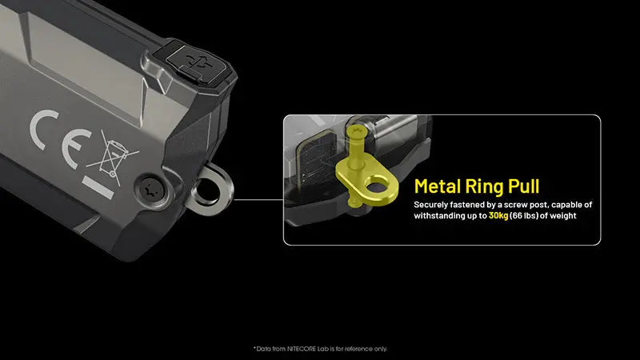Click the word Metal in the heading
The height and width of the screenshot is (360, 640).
tap(437, 186)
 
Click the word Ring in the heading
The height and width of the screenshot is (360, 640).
tap(485, 187)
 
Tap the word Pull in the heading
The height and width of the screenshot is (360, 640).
tap(524, 186)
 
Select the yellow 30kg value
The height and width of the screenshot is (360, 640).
tap(498, 215)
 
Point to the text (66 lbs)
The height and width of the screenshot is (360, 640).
tap(524, 215)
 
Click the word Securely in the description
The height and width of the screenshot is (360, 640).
tap(430, 205)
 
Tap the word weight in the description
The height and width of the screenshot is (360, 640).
tap(562, 215)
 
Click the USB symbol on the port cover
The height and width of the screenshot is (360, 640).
tap(197, 63)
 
